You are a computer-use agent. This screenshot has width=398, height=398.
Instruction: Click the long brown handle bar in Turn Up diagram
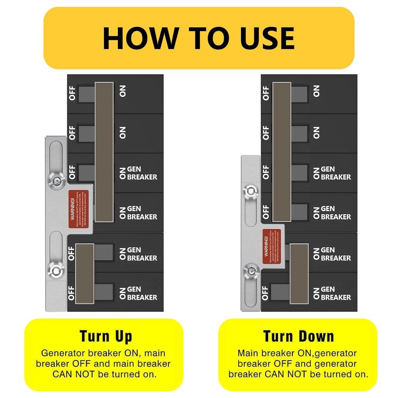pos(104,152)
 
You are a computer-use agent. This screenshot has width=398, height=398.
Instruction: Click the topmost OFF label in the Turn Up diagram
pos(72,94)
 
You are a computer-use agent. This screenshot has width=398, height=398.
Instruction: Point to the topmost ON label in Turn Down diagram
pos(316,92)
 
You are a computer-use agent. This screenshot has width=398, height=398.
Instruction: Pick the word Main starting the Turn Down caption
pos(247,353)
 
